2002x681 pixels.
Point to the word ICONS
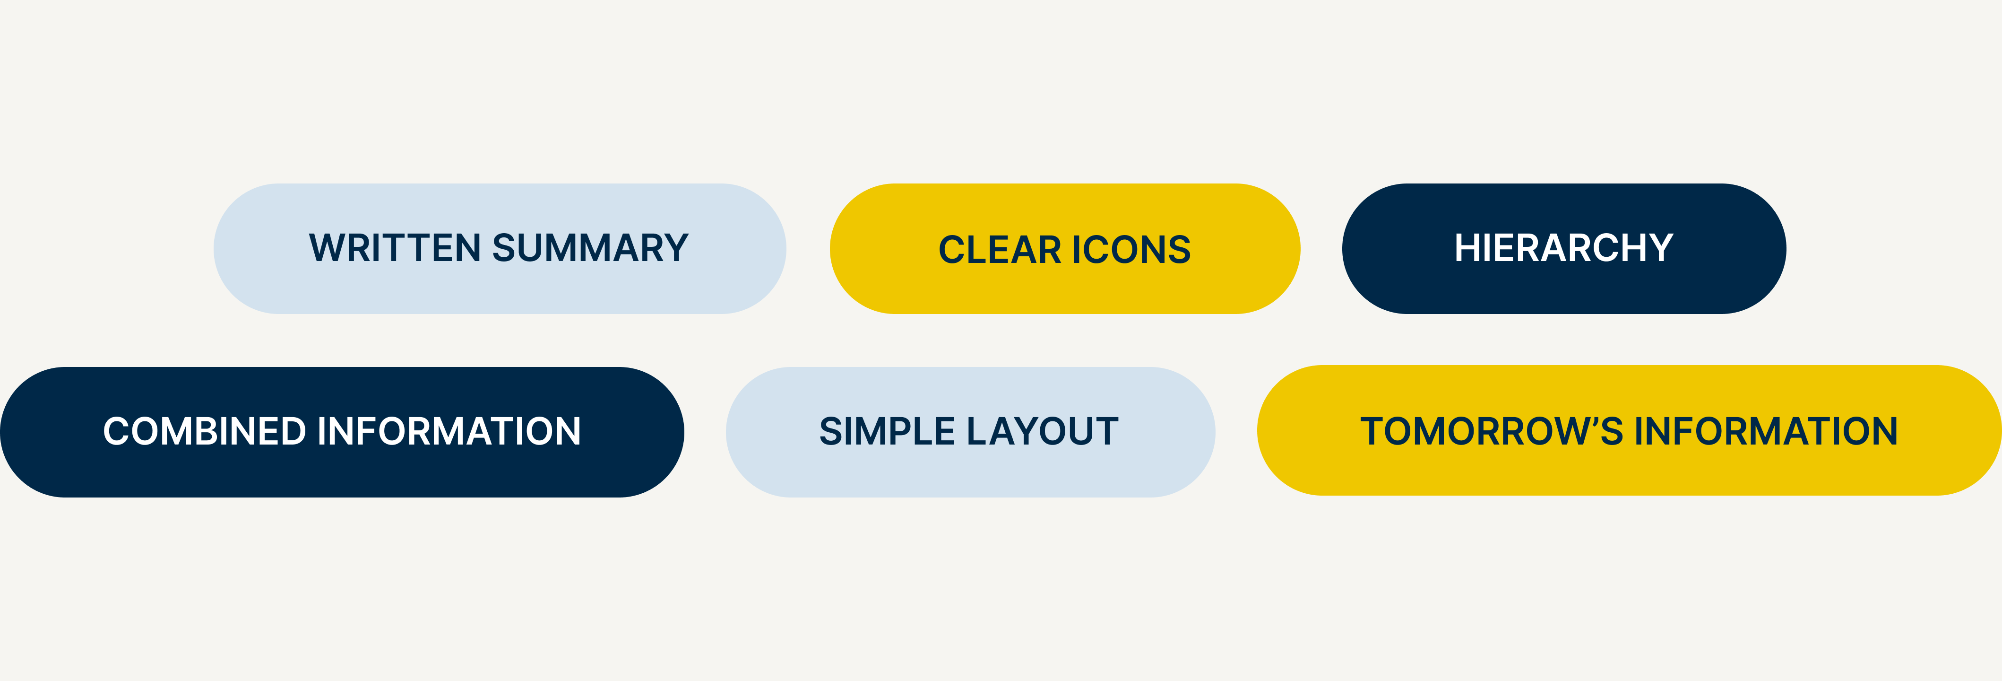tap(1131, 250)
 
